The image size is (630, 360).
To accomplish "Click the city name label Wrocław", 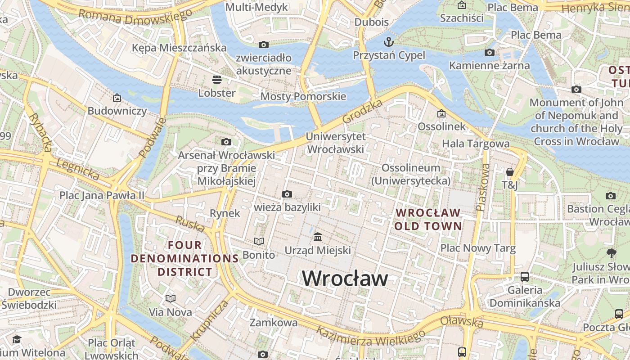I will (344, 278).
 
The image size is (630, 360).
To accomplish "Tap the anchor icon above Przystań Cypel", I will (388, 42).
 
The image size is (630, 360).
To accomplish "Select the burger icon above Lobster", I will (217, 80).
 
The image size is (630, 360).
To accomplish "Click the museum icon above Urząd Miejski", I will (318, 237).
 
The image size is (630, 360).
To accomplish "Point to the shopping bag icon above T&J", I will (509, 172).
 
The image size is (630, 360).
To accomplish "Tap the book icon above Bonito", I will (258, 242).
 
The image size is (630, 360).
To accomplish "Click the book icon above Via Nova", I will (170, 299).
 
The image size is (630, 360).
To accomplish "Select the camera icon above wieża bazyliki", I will (287, 194).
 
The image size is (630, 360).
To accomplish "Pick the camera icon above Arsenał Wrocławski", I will (226, 142).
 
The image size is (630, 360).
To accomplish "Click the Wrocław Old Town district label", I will (428, 219).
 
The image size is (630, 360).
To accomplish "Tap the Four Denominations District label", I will (184, 259).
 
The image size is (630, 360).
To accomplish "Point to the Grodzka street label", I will (362, 112).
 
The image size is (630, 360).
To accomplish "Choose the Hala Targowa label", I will (476, 144).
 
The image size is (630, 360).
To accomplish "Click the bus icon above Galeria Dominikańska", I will (525, 277).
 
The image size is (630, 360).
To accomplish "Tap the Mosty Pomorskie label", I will (303, 96).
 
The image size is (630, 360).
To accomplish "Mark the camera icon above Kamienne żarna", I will (490, 53).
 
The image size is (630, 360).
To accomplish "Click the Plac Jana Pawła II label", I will (102, 195).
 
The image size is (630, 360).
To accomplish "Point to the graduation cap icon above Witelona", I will (17, 339).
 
